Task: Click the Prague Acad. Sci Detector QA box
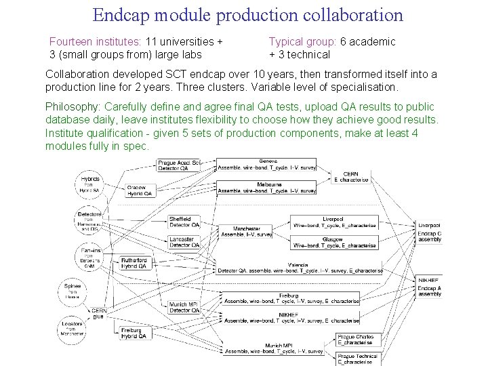pos(178,165)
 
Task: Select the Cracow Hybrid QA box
pos(140,190)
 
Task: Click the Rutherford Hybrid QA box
pos(139,263)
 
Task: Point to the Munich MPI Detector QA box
pos(183,307)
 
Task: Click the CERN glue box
pos(99,312)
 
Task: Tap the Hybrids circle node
pos(91,184)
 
